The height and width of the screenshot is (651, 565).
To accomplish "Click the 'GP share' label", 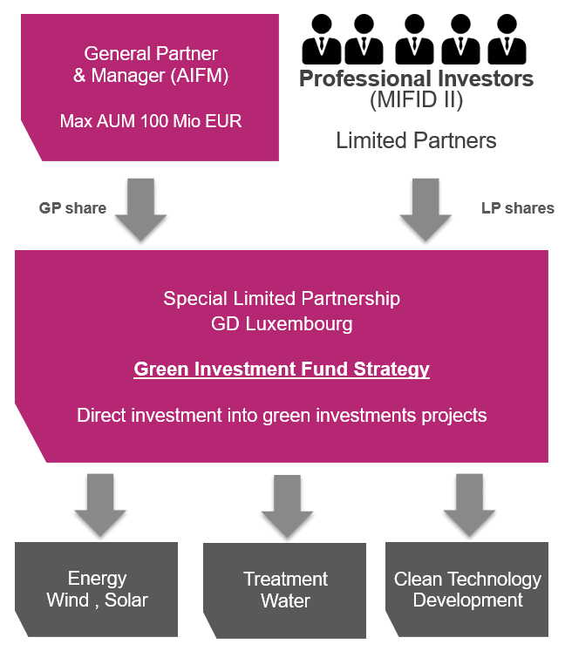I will [72, 208].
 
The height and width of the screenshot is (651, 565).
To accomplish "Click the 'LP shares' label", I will [517, 208].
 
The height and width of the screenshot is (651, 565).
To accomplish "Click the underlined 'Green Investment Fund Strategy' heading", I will [282, 369].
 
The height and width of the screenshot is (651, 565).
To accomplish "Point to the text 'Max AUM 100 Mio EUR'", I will [151, 121].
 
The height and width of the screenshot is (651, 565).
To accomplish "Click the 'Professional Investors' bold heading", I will [416, 79].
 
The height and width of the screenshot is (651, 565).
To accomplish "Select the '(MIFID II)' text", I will [416, 100].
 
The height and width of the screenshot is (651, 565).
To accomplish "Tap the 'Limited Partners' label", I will [416, 140].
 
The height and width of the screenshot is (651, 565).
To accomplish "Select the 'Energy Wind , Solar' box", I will [96, 589].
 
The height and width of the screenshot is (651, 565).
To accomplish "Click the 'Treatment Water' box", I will [285, 590].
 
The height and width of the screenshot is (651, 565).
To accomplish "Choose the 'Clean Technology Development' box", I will [467, 590].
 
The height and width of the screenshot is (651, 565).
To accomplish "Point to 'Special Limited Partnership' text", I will [282, 299].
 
